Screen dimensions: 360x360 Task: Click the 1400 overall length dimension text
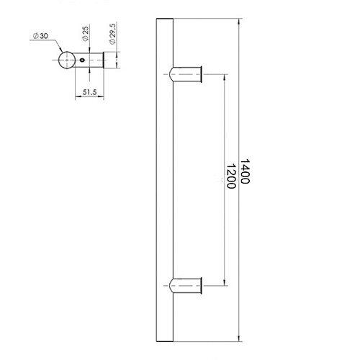(x=244, y=173)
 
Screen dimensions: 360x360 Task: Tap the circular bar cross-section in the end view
(x=67, y=60)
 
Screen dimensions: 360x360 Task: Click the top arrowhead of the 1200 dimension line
(x=225, y=75)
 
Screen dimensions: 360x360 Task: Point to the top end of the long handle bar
(x=163, y=17)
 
